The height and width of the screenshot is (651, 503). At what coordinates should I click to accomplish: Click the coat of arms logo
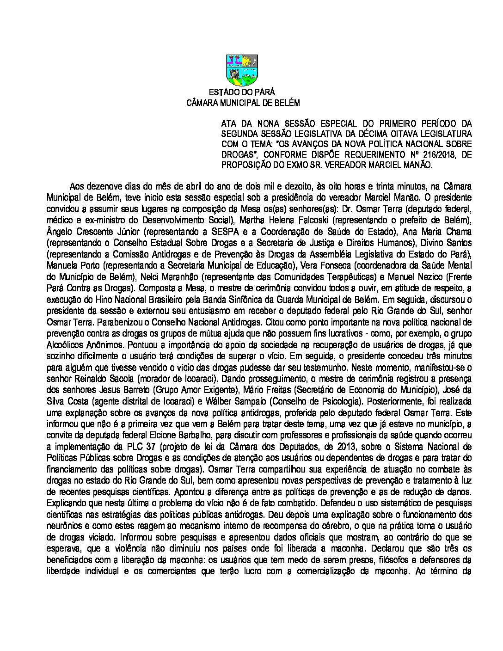click(x=242, y=70)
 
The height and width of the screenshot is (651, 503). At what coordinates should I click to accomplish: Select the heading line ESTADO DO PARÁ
click(x=242, y=92)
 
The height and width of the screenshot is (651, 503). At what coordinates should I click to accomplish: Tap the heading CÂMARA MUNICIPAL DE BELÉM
click(x=242, y=103)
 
